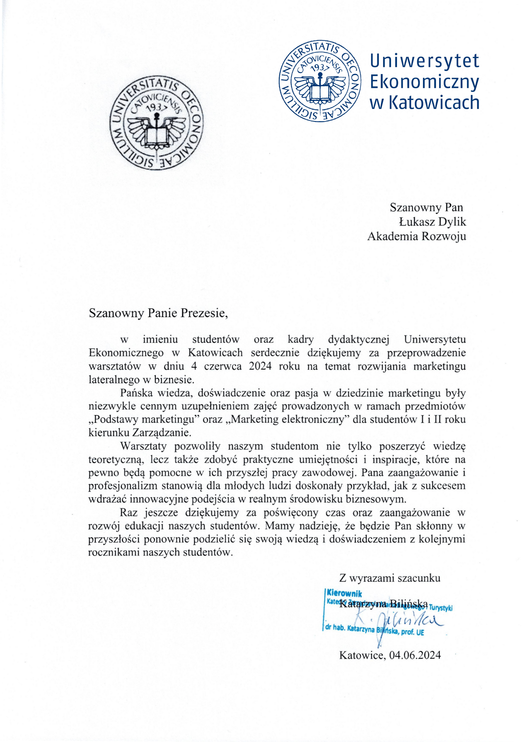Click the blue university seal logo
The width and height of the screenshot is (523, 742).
pos(320,81)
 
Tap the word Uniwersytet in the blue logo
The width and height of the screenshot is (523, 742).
pos(424,61)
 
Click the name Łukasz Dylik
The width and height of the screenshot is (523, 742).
pos(433,222)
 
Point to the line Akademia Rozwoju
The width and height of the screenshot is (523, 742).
pos(416,236)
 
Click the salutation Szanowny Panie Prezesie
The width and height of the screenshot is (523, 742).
pos(158,313)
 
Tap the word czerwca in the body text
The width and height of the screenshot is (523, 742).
pos(223,366)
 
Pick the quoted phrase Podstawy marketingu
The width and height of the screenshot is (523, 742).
pos(143,419)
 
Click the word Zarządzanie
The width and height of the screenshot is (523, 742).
pos(162,432)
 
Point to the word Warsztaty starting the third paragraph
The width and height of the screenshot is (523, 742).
pos(143,446)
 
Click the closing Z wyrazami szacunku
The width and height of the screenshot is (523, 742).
pos(389,577)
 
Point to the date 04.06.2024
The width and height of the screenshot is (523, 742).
pos(415,655)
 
